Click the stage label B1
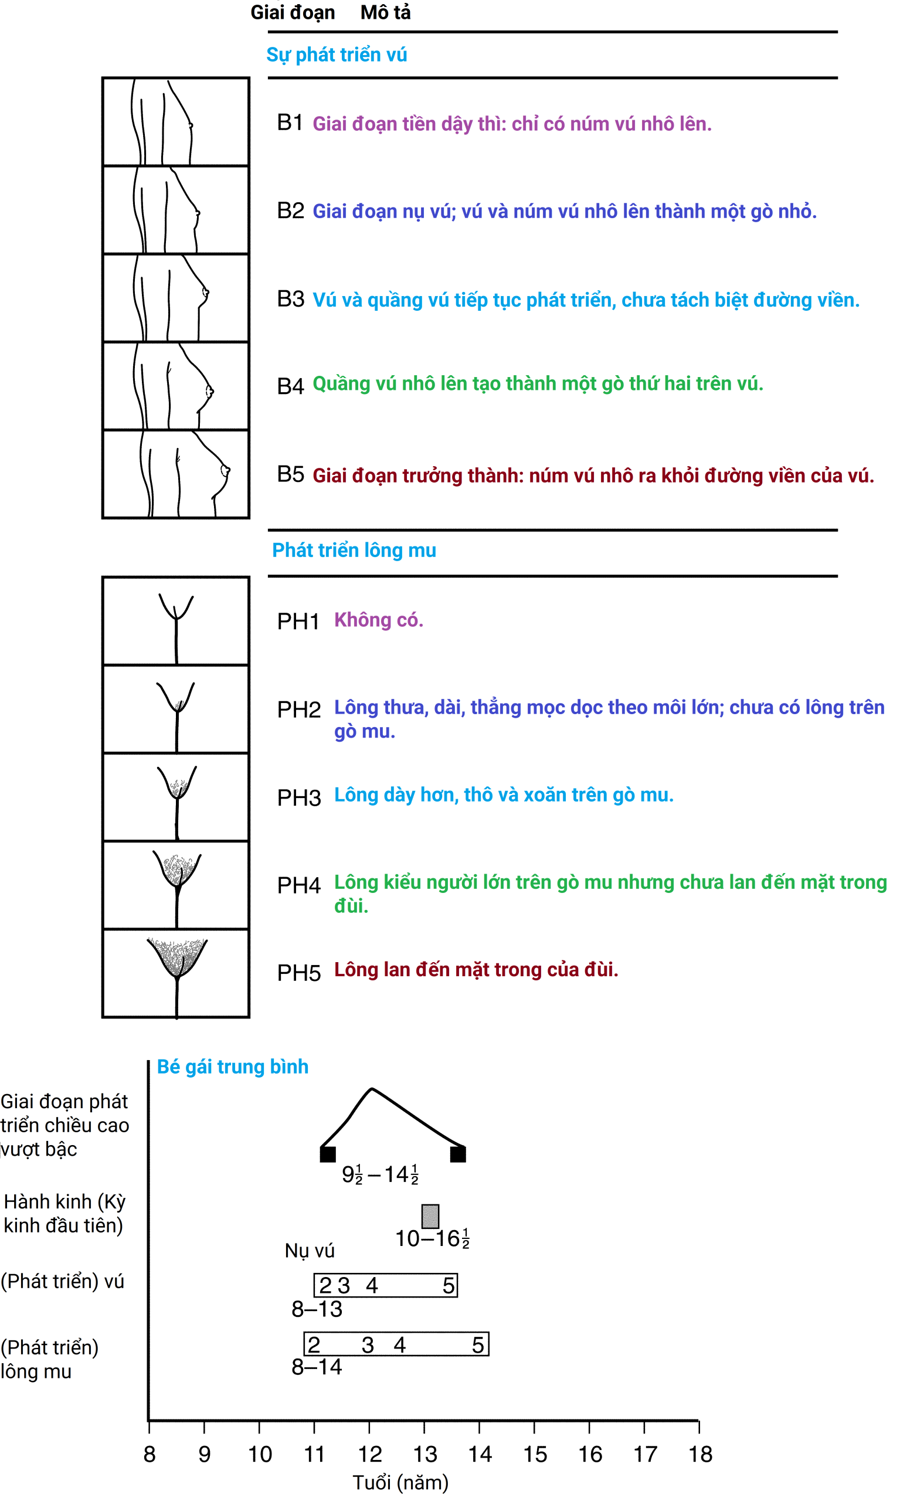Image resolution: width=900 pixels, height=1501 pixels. [x=290, y=123]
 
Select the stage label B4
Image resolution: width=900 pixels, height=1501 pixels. [x=290, y=386]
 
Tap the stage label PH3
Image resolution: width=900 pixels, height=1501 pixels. [x=298, y=797]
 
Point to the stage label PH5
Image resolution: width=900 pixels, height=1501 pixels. [x=298, y=973]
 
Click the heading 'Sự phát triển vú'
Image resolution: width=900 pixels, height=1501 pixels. [x=337, y=55]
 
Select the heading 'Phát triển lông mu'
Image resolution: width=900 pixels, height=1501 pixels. [x=354, y=550]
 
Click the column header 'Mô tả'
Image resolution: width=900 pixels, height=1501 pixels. [x=385, y=12]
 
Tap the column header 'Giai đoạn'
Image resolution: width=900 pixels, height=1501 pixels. [x=293, y=12]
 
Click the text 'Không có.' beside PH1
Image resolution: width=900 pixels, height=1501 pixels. [x=378, y=620]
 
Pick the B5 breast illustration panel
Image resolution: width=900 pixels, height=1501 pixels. [x=176, y=474]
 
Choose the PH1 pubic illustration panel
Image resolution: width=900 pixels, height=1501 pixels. [x=176, y=621]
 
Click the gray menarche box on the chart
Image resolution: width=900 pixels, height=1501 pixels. [x=430, y=1215]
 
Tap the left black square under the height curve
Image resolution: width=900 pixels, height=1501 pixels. [x=328, y=1153]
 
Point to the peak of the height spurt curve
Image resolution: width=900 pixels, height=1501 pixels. [x=372, y=1089]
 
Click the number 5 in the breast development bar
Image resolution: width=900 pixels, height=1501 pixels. [x=448, y=1285]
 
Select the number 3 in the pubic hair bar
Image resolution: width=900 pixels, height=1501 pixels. [x=368, y=1344]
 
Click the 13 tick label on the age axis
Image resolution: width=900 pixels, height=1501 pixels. [x=424, y=1454]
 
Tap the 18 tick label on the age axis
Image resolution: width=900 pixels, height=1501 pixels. [x=700, y=1454]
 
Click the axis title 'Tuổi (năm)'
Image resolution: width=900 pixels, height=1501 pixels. [x=400, y=1482]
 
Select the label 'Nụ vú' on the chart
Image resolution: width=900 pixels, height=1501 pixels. [x=310, y=1251]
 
